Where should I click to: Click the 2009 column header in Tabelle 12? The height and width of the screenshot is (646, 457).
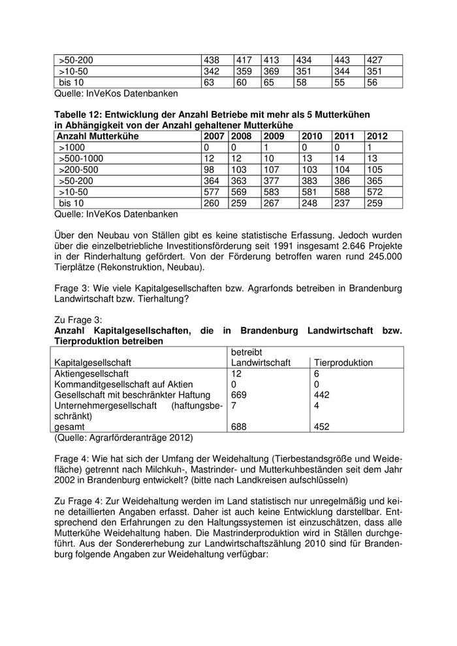click(x=274, y=136)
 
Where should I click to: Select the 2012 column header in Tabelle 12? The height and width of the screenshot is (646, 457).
click(x=377, y=136)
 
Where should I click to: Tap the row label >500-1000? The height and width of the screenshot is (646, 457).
click(x=81, y=159)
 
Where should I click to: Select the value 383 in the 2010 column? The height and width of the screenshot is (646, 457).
click(x=308, y=181)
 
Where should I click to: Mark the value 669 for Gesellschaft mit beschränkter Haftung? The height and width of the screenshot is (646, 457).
click(x=240, y=395)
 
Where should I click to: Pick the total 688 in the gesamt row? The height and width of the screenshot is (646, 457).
click(x=240, y=427)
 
